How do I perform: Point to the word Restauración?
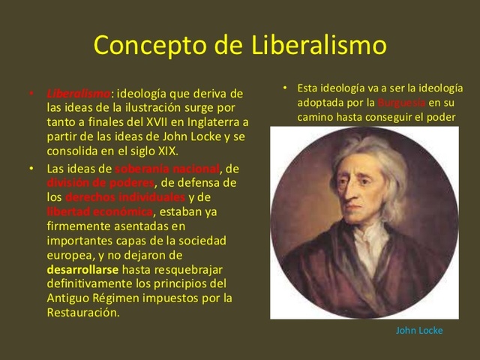[82, 311]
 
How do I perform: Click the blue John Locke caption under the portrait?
[419, 331]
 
